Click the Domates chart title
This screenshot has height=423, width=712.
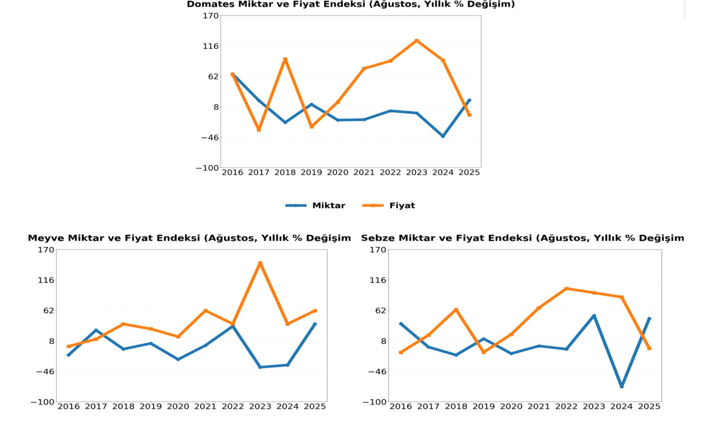pos(351,4)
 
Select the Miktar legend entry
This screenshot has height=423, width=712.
pos(328,205)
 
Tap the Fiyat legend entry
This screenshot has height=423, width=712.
pos(402,205)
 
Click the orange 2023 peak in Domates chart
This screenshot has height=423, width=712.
pos(417,41)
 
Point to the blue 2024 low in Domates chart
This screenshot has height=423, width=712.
pos(443,136)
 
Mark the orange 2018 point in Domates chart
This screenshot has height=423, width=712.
pos(285,59)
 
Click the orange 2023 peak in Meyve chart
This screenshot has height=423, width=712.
pos(260,263)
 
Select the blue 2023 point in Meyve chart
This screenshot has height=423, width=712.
pos(260,367)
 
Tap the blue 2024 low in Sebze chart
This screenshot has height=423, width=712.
pos(622,386)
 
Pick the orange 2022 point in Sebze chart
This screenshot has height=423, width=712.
pos(566,289)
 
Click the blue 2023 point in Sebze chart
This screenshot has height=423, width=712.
pos(594,316)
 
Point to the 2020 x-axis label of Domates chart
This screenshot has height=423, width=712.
pos(338,172)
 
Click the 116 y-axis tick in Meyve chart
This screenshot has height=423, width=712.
pos(46,280)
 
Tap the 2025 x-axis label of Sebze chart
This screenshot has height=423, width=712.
pos(649,407)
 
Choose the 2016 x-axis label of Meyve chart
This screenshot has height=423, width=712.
pos(69,407)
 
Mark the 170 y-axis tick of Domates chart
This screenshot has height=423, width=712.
pos(211,16)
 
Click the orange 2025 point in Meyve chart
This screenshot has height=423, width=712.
pos(315,311)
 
